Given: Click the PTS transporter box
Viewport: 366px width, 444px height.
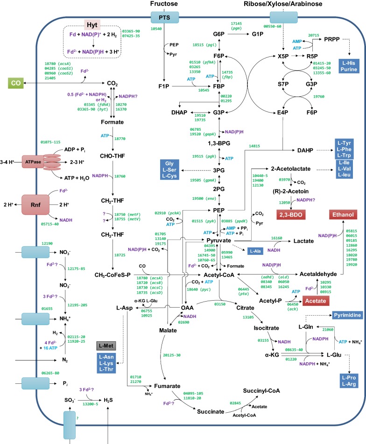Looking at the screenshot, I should [165, 17].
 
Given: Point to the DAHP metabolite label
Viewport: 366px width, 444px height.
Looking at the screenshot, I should [306, 150].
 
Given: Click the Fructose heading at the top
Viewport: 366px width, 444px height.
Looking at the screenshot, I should [164, 4].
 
